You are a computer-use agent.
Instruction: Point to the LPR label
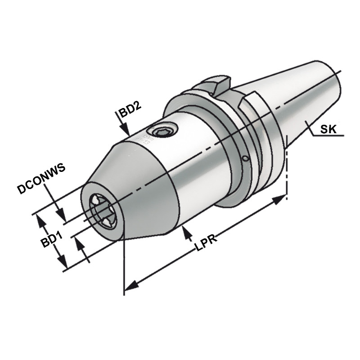pos(207,243)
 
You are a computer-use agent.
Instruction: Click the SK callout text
pos(328,130)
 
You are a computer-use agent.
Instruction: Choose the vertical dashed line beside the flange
pos(287,171)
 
